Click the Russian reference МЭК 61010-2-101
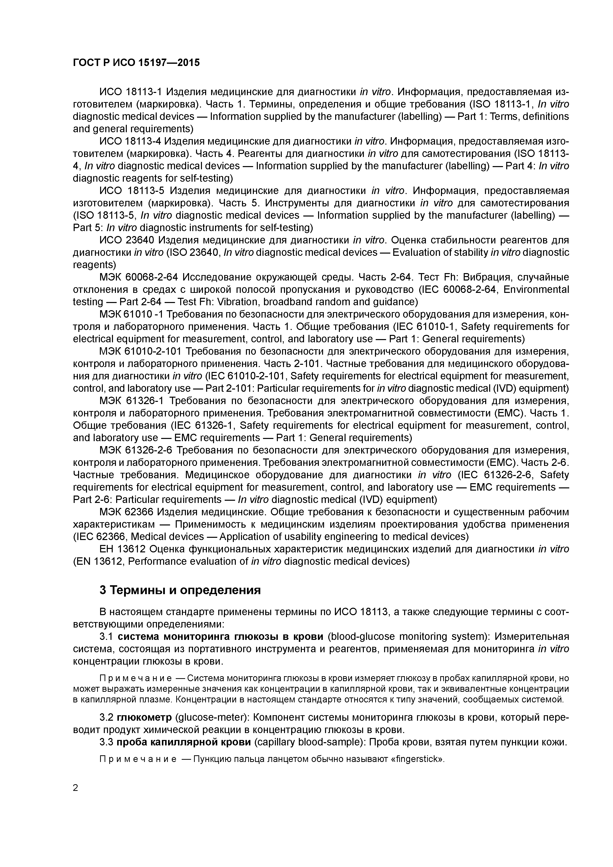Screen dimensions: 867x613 tap(140, 351)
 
